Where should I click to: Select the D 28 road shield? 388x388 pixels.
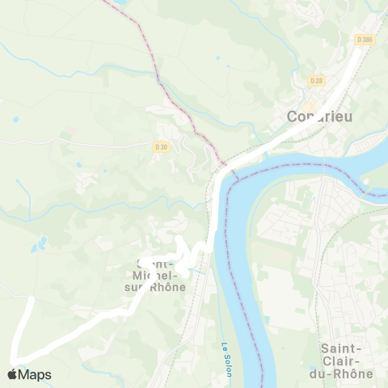pyautogui.click(x=316, y=81)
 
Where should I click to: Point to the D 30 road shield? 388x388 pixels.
pyautogui.click(x=161, y=146)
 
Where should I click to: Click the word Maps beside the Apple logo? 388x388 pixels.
pyautogui.click(x=35, y=375)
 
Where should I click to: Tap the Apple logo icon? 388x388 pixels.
pyautogui.click(x=12, y=374)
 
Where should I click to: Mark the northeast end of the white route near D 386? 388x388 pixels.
pyautogui.click(x=356, y=50)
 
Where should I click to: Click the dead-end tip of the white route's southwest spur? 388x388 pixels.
pyautogui.click(x=31, y=299)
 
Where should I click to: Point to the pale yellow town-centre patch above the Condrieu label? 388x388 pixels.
pyautogui.click(x=308, y=105)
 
